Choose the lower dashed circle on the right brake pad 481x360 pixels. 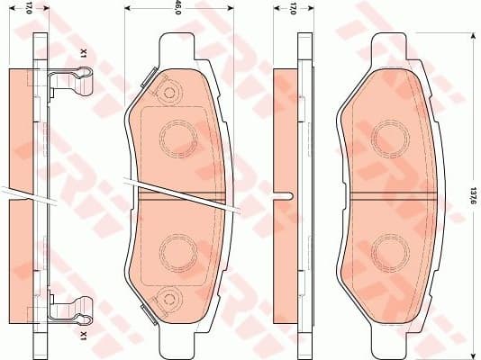click(391, 249)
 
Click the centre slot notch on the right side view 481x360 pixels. click(282, 193)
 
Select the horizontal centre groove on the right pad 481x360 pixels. click(391, 193)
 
